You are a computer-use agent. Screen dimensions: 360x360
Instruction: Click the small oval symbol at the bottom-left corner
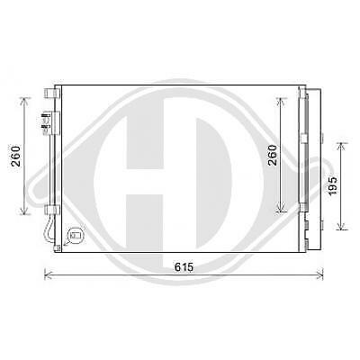[x=75, y=238]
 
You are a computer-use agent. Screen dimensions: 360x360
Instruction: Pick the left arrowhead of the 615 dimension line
[x=47, y=275]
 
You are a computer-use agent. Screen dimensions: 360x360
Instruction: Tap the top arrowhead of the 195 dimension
[x=340, y=144]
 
